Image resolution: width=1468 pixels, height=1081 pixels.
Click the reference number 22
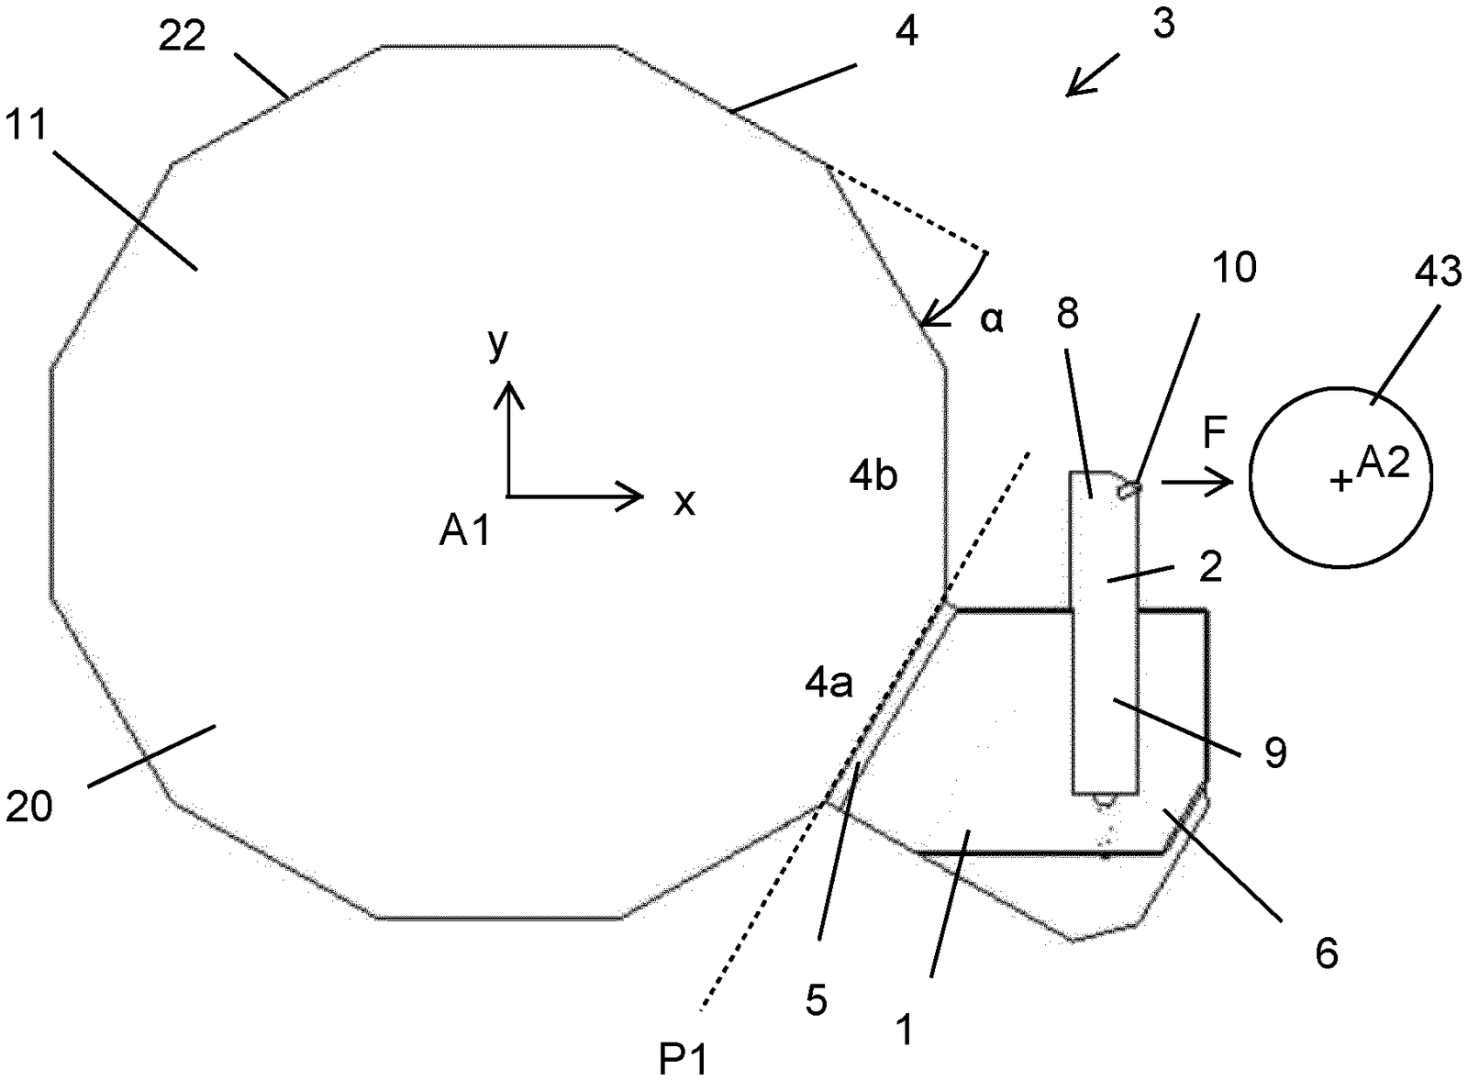(183, 37)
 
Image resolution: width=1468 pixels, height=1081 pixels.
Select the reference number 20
(28, 807)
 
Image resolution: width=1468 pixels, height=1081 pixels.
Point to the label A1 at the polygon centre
(464, 531)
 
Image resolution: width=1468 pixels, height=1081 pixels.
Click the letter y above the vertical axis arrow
(498, 344)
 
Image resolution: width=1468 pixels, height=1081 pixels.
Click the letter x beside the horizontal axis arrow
(684, 504)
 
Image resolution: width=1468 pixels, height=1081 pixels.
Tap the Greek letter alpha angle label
(992, 320)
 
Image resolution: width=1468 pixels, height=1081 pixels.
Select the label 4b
(873, 476)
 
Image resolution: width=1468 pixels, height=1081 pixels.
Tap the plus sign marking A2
(1341, 482)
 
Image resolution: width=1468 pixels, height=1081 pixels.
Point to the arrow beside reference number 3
(1092, 75)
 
